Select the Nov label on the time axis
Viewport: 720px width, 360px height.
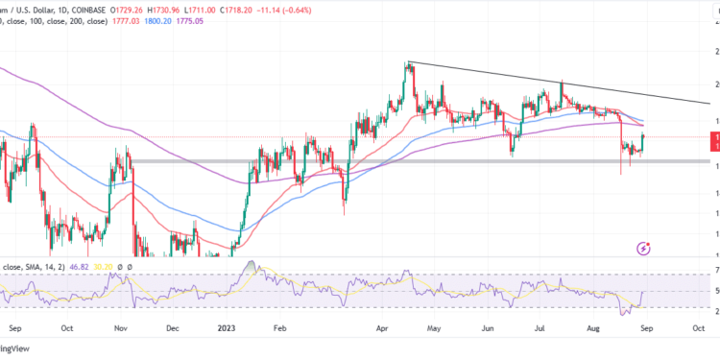click(x=120, y=326)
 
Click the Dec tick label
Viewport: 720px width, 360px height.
click(x=173, y=326)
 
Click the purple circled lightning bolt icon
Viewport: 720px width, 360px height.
click(x=645, y=249)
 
